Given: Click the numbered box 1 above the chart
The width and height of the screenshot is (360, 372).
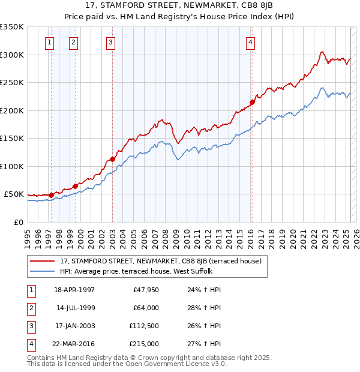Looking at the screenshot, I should point(49,42).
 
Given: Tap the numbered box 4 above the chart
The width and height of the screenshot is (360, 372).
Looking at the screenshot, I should point(250,42).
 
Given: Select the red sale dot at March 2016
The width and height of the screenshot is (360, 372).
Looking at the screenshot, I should point(253,102).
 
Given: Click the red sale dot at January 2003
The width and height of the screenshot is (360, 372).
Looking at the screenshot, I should point(112,159).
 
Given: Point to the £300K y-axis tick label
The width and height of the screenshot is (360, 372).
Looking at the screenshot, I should point(12,55).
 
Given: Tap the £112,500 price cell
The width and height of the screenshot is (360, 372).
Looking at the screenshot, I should point(144,326).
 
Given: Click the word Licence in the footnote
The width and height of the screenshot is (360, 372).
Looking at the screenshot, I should point(194,364).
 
